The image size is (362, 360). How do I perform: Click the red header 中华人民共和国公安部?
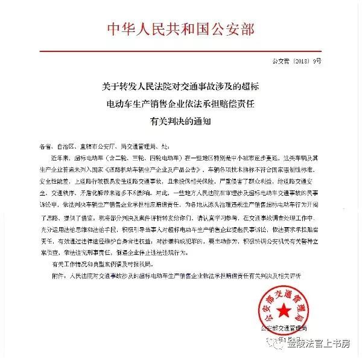tap(180, 28)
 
